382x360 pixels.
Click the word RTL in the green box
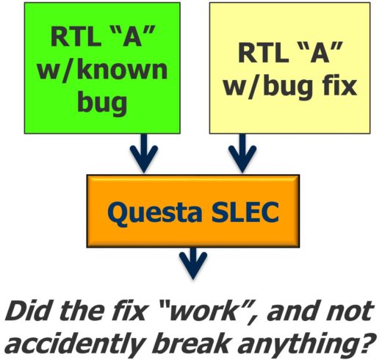(76, 37)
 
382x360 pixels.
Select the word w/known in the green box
(102, 71)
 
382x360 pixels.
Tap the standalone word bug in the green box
(102, 102)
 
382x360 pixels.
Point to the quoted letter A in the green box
(132, 37)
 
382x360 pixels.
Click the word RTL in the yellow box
(263, 52)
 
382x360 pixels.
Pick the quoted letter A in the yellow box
(320, 52)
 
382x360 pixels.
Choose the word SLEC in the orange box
(245, 212)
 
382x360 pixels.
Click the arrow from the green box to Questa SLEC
(144, 154)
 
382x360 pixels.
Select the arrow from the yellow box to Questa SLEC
(242, 154)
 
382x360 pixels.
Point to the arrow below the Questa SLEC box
(193, 264)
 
